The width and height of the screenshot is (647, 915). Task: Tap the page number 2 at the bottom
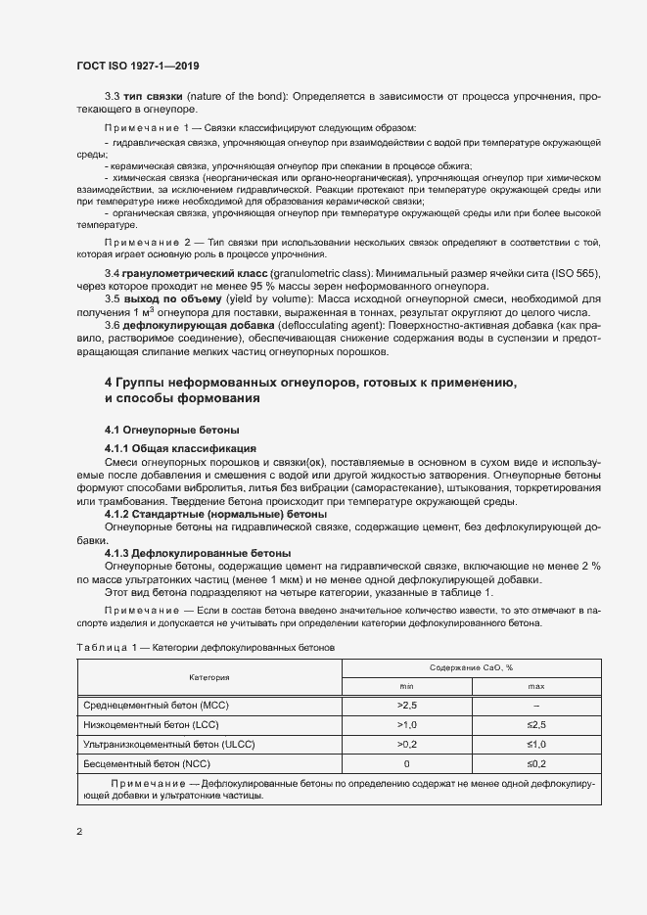(x=79, y=831)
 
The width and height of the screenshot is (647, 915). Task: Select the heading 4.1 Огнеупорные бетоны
(x=171, y=430)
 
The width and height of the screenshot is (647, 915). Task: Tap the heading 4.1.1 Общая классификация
(x=180, y=447)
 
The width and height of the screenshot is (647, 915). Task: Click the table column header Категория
(x=208, y=677)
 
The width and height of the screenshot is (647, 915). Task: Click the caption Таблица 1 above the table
(x=101, y=648)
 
